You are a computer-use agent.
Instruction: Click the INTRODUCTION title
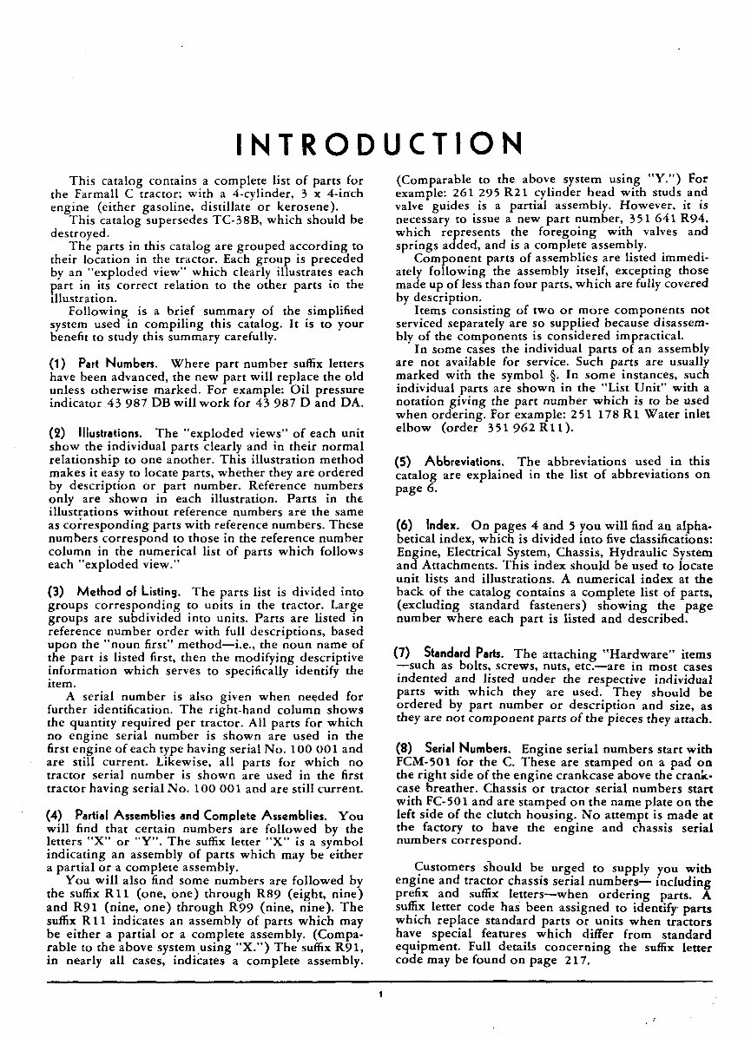click(x=379, y=143)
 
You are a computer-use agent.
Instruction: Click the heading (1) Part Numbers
click(x=104, y=364)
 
